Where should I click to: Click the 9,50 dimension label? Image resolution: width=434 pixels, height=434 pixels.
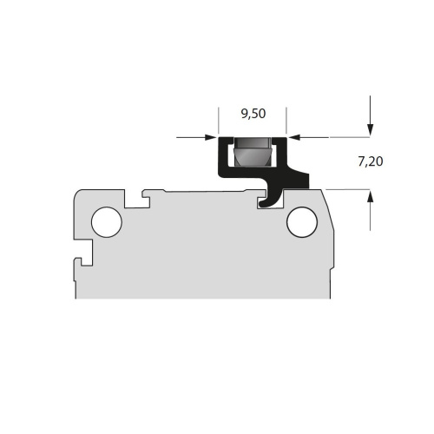pos(253,114)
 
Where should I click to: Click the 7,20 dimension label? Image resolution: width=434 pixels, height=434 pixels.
pos(371,161)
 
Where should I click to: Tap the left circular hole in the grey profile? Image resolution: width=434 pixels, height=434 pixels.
pos(107,222)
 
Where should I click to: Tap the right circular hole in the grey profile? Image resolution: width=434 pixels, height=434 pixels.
pos(302,222)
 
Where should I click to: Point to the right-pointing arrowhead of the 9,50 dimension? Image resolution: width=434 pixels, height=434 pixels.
pos(211,137)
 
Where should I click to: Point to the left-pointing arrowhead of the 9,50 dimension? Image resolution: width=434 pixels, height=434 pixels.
pos(293,137)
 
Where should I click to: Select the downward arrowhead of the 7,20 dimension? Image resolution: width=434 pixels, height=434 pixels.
pos(370,129)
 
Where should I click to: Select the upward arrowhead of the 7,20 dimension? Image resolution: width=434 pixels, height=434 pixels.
pos(370,196)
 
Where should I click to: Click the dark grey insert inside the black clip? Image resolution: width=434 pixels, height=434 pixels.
pos(253,152)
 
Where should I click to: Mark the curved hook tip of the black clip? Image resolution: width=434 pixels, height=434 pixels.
pos(262,204)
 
